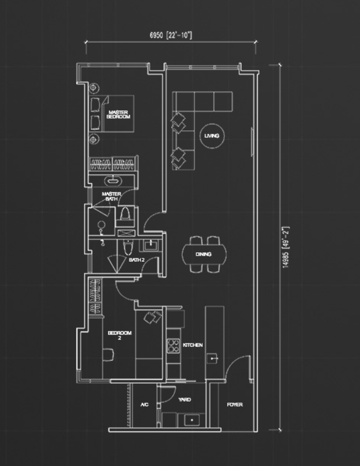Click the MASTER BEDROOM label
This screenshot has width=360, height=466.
coord(118,114)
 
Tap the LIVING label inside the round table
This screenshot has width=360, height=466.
coord(211,136)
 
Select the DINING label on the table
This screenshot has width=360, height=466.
coord(204,254)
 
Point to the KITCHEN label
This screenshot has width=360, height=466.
coord(193,345)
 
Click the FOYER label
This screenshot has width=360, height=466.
coord(235,405)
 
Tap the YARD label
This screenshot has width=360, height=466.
coord(184,400)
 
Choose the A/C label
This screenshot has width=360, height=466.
coord(145,405)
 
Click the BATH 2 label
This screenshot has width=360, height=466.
coord(137,260)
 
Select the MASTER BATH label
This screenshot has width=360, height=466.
coord(112,197)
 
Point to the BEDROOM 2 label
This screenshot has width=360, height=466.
coord(119,335)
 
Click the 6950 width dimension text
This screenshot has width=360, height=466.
coord(171,35)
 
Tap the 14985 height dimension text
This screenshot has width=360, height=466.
coord(285,247)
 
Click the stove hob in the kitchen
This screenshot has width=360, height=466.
coord(173,346)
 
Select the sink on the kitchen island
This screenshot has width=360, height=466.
coord(212,359)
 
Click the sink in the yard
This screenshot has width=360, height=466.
coord(192,420)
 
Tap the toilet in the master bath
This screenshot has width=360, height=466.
coord(125,213)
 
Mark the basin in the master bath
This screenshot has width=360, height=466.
coord(113,181)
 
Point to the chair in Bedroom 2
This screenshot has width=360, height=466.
coord(108,355)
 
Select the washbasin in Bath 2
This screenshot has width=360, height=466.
coord(151,245)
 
